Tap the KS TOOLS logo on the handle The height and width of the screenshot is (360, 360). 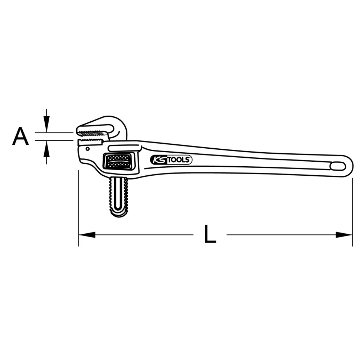point(171,160)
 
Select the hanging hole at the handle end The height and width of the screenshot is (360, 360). point(338,166)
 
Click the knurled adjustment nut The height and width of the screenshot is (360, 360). point(118,161)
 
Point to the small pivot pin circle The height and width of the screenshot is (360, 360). point(87,148)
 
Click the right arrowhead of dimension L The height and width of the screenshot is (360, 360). point(345,235)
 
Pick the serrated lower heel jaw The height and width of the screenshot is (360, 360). point(92,140)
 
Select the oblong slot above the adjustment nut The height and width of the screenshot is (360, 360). point(124,148)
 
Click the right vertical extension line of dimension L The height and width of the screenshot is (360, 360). point(352,212)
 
